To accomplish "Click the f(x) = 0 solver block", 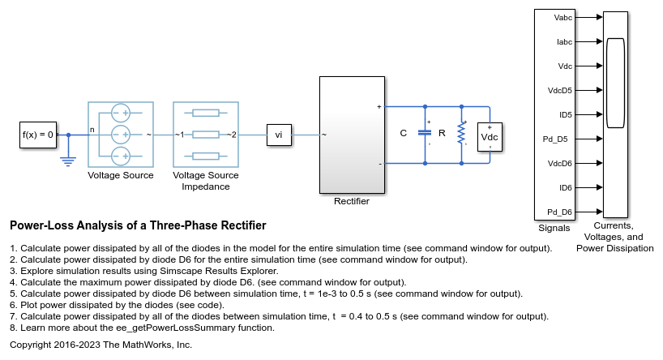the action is pyautogui.click(x=38, y=135).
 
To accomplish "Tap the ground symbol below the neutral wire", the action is pyautogui.click(x=68, y=161).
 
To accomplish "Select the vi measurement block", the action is pyautogui.click(x=279, y=135).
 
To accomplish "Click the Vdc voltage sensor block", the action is pyautogui.click(x=490, y=137).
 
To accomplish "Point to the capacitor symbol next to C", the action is pyautogui.click(x=425, y=132).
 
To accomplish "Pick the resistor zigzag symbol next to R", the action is pyautogui.click(x=461, y=133).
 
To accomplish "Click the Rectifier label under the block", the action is pyautogui.click(x=352, y=201).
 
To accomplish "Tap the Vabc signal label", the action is pyautogui.click(x=562, y=17).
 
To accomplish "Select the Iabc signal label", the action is pyautogui.click(x=564, y=42).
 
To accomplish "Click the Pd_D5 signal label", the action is pyautogui.click(x=555, y=139).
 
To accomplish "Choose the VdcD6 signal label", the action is pyautogui.click(x=560, y=164).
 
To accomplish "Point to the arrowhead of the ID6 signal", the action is pyautogui.click(x=600, y=187).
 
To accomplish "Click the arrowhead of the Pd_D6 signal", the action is pyautogui.click(x=600, y=212).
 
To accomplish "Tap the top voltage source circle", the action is pyautogui.click(x=121, y=113).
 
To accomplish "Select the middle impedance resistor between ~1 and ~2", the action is pyautogui.click(x=206, y=135).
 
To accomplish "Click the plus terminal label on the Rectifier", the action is pyautogui.click(x=379, y=107).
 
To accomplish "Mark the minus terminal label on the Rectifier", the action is pyautogui.click(x=380, y=164).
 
